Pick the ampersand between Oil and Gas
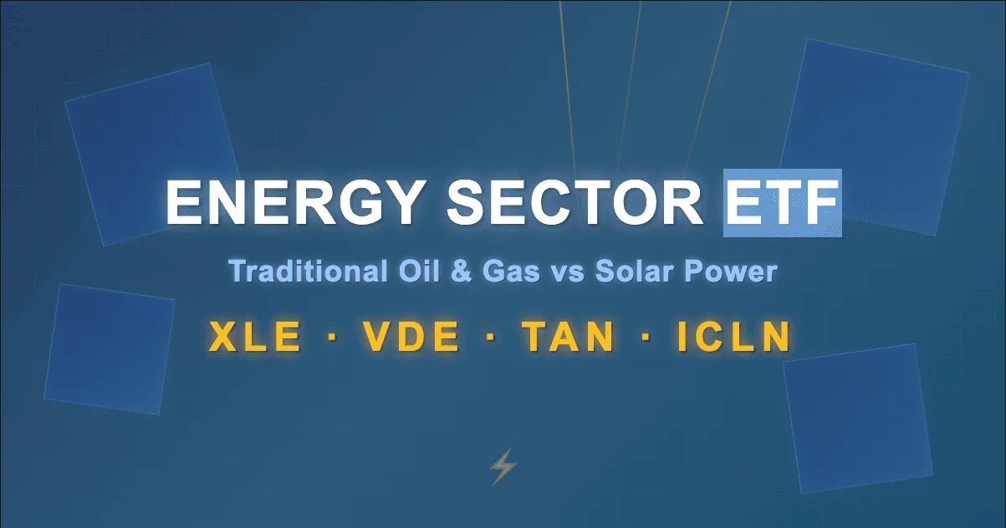pyautogui.click(x=446, y=272)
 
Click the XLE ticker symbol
pyautogui.click(x=255, y=338)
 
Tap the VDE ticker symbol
pyautogui.click(x=411, y=338)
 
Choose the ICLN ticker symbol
pyautogui.click(x=733, y=338)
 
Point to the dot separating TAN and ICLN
pyautogui.click(x=646, y=338)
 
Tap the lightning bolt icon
pyautogui.click(x=503, y=467)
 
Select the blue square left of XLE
pyautogui.click(x=109, y=348)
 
